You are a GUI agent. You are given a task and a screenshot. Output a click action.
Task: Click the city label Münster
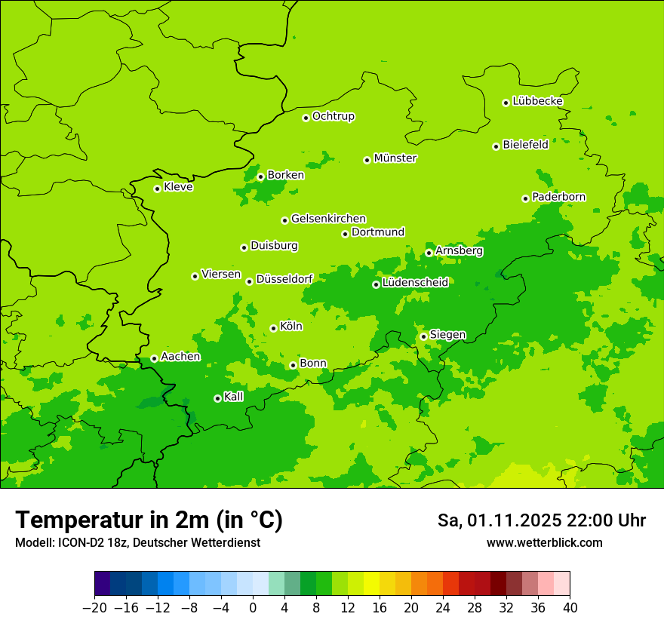click(395, 158)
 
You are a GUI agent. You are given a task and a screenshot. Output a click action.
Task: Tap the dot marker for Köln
click(273, 328)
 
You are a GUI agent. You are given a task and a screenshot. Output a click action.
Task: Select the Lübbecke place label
click(537, 101)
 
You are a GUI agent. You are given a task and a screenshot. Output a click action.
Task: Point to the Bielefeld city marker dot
click(496, 146)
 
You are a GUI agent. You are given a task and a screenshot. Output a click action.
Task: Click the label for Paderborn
click(558, 197)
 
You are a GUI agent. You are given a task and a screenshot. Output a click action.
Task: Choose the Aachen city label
click(180, 357)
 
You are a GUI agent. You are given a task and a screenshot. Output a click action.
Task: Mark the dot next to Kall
click(217, 398)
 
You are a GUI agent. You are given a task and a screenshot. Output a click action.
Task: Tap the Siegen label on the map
click(447, 335)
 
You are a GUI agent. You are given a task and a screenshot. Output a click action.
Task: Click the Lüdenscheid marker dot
click(376, 284)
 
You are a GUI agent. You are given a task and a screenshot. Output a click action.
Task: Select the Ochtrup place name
click(333, 116)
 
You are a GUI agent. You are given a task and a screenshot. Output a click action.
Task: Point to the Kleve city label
click(178, 187)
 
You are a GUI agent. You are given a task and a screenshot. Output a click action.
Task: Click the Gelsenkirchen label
click(328, 219)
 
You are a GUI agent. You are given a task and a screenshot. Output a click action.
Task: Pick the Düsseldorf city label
click(284, 279)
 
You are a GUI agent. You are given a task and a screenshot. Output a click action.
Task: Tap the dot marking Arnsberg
click(429, 253)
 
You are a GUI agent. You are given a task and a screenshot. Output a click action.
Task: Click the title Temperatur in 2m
click(149, 520)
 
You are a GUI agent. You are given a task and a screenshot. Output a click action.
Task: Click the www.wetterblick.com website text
click(544, 543)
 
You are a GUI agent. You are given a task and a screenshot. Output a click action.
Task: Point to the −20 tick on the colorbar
click(94, 608)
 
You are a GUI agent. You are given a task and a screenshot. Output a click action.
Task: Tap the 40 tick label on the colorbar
click(570, 608)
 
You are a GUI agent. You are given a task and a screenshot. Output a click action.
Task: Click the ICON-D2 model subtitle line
click(137, 543)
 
